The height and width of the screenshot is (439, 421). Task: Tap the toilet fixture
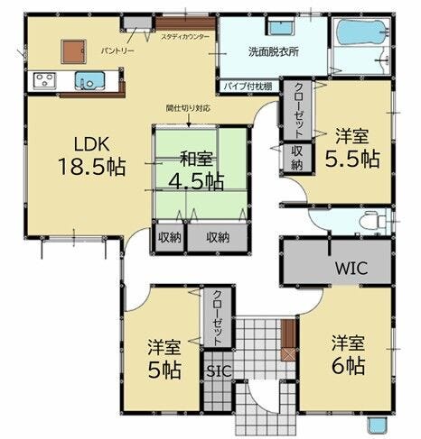(374, 222)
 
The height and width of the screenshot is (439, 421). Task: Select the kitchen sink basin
(89, 80)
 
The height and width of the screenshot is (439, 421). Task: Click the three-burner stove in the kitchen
(44, 81)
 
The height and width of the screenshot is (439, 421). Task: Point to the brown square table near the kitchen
(73, 51)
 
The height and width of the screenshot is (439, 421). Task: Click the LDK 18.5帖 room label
(91, 156)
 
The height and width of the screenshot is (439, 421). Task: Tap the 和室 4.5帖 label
(196, 170)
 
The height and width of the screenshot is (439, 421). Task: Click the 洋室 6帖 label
(348, 354)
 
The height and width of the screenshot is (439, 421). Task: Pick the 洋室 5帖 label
(164, 359)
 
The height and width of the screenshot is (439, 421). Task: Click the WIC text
(351, 268)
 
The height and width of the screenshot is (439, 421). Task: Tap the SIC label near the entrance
(219, 371)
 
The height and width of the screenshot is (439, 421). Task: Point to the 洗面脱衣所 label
(274, 51)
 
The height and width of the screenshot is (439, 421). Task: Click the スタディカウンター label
(184, 37)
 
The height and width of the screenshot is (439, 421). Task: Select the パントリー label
(117, 51)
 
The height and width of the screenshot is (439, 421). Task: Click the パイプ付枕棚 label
(248, 87)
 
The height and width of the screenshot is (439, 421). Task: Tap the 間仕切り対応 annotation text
(189, 108)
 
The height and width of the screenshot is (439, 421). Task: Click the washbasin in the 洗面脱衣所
(281, 27)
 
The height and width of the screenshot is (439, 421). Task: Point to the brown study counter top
(185, 23)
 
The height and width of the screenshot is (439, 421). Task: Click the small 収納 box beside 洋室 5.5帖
(296, 158)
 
